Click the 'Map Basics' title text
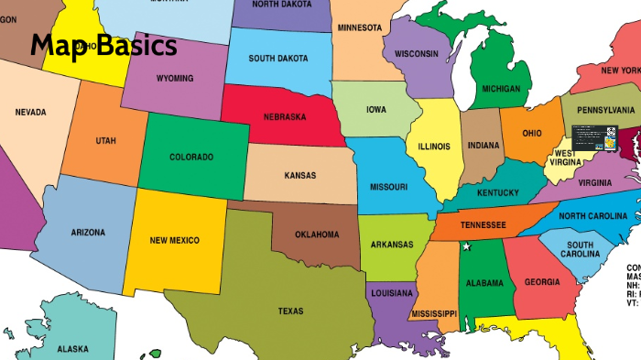(x=103, y=47)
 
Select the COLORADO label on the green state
(x=191, y=157)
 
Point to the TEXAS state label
(x=290, y=311)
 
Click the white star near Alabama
(x=465, y=246)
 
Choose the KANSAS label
(x=299, y=175)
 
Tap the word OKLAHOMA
(x=317, y=235)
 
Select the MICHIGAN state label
(x=501, y=90)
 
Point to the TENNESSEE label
(x=483, y=224)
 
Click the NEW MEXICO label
(x=174, y=240)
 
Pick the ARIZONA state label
(x=88, y=233)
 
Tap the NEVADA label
(x=30, y=113)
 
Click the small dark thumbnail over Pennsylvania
(x=590, y=137)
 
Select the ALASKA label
(x=72, y=349)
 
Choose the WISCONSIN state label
(x=417, y=54)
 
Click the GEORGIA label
(x=542, y=282)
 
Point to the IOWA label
(x=375, y=109)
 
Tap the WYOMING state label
(x=174, y=79)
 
